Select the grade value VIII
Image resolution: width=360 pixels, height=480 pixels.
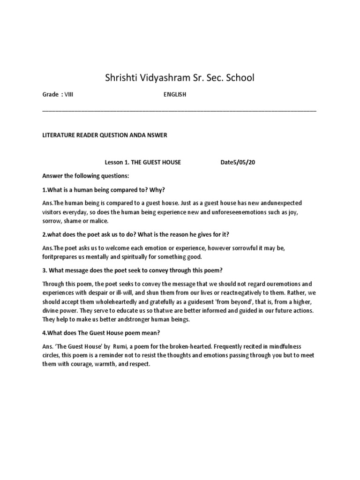click(x=69, y=95)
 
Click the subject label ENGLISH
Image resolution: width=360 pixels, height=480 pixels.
click(x=175, y=95)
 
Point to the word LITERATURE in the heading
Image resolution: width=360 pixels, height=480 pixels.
click(x=59, y=135)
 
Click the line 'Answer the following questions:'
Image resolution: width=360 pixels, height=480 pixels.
click(x=85, y=176)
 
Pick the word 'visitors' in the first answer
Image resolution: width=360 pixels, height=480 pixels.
click(x=54, y=212)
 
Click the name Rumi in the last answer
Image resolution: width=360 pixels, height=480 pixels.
click(x=133, y=346)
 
